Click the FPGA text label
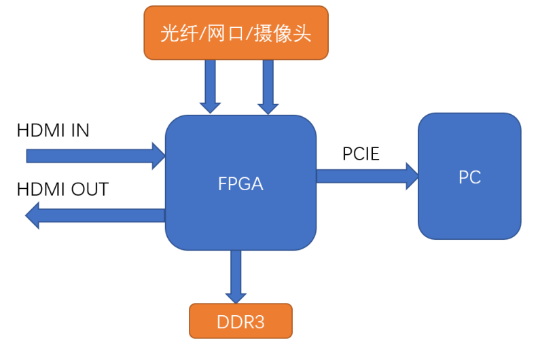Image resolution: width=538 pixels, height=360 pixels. click(240, 184)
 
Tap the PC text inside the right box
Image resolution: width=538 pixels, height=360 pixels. click(469, 177)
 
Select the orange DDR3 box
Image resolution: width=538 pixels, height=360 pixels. click(240, 321)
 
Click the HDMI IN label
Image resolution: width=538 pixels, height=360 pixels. click(53, 130)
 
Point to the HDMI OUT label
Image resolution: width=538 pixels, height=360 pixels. click(62, 189)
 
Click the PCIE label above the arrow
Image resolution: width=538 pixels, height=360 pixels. click(361, 154)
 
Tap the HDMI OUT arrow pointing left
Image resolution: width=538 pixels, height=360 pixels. click(95, 215)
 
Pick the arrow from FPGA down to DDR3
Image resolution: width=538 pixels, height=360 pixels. click(236, 275)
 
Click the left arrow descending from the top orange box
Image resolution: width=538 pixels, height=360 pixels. click(210, 84)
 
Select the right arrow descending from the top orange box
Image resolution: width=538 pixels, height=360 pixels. click(268, 84)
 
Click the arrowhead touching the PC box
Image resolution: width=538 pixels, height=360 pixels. click(412, 177)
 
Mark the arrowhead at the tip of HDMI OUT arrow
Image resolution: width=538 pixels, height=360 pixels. click(33, 215)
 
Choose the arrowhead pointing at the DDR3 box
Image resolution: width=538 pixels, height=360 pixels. click(236, 297)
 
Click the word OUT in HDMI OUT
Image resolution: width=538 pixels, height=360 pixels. click(90, 189)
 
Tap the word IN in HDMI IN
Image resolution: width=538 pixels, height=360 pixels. click(79, 130)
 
